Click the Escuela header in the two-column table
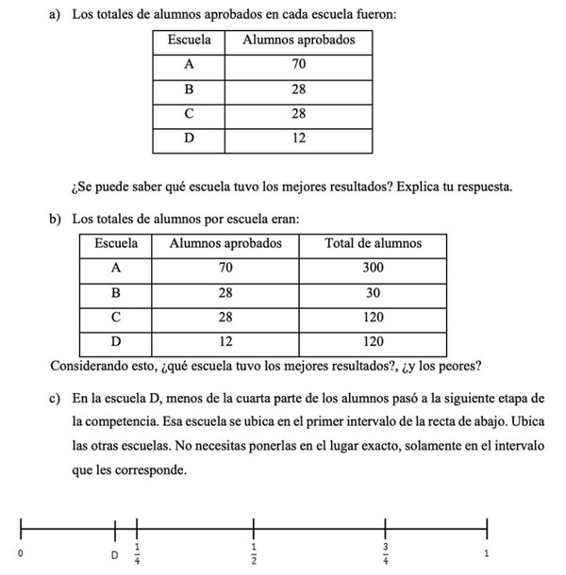point(189,41)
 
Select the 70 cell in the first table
point(298,65)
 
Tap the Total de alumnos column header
point(373,243)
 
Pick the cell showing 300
point(373,268)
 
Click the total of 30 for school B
point(373,293)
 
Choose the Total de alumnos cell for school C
point(373,318)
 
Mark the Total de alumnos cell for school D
point(373,342)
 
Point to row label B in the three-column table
point(116,293)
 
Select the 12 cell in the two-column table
point(298,139)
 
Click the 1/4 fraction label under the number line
point(138,553)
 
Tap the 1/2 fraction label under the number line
point(254,553)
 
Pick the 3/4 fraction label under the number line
point(386,553)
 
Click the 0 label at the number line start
point(20,553)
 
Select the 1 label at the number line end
point(487,553)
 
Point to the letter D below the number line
point(115,554)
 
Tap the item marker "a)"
point(55,15)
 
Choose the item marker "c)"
point(55,399)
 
